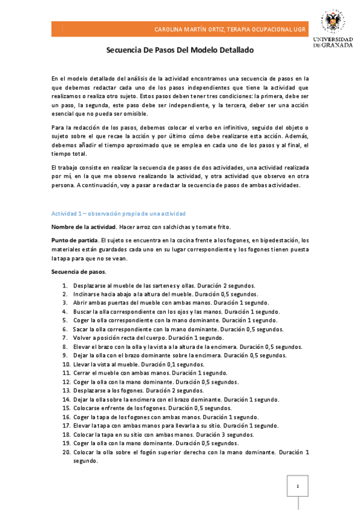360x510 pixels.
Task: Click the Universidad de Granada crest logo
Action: pyautogui.click(x=332, y=22)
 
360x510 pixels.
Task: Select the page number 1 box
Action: pyautogui.click(x=297, y=487)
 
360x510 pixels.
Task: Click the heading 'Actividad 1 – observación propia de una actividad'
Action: pyautogui.click(x=118, y=214)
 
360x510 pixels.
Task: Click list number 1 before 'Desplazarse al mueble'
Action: pyautogui.click(x=66, y=285)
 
